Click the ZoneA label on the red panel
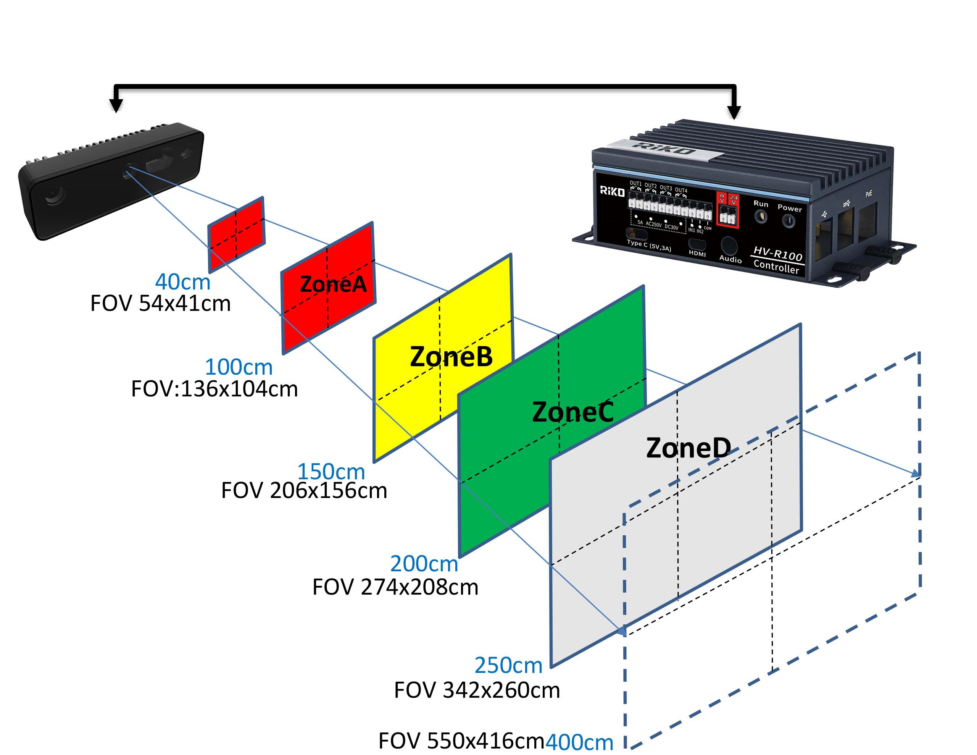tap(333, 284)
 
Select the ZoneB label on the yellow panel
tap(451, 356)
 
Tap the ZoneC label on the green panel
tap(572, 412)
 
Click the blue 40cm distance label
tap(182, 282)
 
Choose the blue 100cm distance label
tap(239, 367)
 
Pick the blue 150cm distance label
tap(331, 471)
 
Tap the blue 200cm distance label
tap(424, 563)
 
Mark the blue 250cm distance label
tap(508, 665)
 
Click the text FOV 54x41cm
tap(160, 304)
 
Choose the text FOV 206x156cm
tap(304, 490)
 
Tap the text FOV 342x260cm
tap(477, 690)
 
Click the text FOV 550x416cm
tap(461, 740)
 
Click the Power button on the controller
tap(788, 221)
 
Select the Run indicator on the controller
tap(761, 217)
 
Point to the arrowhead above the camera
tap(116, 105)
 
